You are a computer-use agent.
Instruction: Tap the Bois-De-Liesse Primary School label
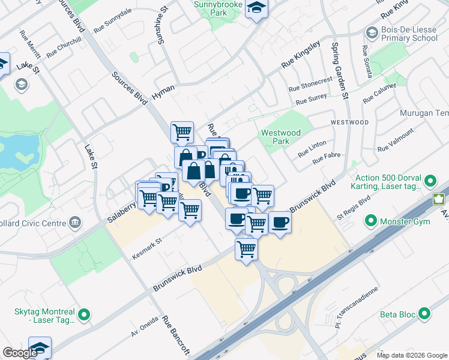click(408, 34)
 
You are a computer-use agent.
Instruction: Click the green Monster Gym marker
click(370, 221)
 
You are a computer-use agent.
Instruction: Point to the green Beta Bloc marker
click(424, 314)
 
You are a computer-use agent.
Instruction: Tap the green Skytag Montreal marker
click(84, 314)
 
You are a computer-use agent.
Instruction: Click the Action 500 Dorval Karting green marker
click(430, 181)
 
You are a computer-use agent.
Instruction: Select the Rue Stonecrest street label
click(310, 84)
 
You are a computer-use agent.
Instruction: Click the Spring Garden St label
click(340, 70)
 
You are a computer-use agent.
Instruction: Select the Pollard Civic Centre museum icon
click(76, 223)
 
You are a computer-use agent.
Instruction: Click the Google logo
click(20, 353)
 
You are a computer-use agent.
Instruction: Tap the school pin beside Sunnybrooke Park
click(257, 8)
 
